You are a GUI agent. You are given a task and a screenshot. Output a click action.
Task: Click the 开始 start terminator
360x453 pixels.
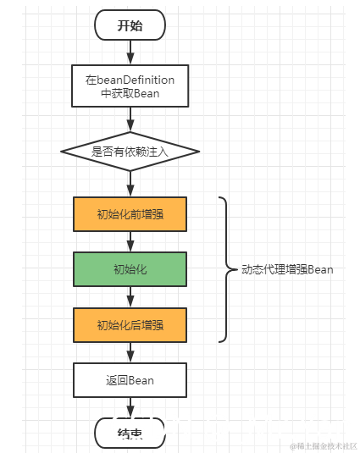pyautogui.click(x=130, y=25)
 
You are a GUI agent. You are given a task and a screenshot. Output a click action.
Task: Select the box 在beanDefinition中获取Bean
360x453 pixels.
pyautogui.click(x=130, y=86)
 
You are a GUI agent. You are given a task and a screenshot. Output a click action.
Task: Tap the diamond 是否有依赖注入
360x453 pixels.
pyautogui.click(x=130, y=152)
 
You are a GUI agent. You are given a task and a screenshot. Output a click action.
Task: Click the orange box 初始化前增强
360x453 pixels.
pyautogui.click(x=130, y=214)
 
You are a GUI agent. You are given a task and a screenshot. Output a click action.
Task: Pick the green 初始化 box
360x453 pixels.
pyautogui.click(x=130, y=269)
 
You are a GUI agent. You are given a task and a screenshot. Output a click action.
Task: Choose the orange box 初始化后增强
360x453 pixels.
pyautogui.click(x=130, y=324)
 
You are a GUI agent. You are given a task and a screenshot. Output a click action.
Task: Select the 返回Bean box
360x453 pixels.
pyautogui.click(x=130, y=380)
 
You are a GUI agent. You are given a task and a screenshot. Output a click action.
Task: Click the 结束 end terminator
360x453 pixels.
pyautogui.click(x=130, y=434)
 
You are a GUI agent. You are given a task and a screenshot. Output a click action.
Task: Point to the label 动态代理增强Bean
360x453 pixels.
pyautogui.click(x=287, y=270)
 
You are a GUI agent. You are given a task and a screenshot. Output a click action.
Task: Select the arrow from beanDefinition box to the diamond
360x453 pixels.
pyautogui.click(x=130, y=120)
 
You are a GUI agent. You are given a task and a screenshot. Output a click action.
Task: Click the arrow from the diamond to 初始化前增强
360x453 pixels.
pyautogui.click(x=130, y=183)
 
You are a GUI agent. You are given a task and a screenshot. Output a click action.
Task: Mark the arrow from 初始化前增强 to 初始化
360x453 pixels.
pyautogui.click(x=130, y=241)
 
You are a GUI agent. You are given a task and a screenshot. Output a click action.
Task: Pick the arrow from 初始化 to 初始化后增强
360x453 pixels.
pyautogui.click(x=130, y=296)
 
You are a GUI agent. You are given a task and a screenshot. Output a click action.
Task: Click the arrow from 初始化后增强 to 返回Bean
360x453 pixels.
pyautogui.click(x=130, y=352)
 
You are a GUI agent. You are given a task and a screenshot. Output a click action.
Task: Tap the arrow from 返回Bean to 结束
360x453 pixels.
pyautogui.click(x=130, y=407)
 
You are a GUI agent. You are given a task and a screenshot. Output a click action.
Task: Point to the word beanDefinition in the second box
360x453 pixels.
pyautogui.click(x=136, y=80)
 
